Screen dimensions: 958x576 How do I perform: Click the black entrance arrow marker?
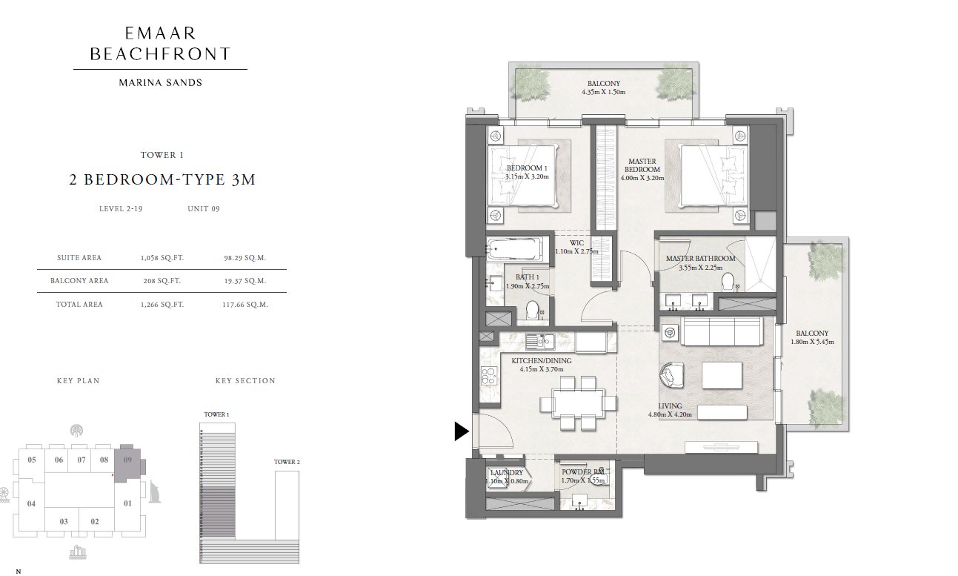461,431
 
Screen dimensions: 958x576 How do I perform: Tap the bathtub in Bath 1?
514,248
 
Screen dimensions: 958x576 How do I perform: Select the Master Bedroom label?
642,165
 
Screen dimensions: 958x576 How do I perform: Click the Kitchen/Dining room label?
542,361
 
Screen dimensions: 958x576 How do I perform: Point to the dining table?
578,403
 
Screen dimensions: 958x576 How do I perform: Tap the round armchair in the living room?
672,375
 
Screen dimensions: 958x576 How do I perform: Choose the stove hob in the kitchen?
488,376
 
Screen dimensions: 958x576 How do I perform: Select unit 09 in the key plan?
128,460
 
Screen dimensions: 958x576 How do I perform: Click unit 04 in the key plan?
31,503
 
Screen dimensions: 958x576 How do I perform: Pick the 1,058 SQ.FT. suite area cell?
162,258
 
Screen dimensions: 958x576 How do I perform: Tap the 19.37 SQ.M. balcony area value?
245,281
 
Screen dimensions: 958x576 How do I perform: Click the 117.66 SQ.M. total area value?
245,305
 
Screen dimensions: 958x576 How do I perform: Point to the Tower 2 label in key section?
287,462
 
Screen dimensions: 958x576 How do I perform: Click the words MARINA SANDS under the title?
160,82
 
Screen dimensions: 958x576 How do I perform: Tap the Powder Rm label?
582,471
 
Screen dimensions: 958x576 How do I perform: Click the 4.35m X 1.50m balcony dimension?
603,92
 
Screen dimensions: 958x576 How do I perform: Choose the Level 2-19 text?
121,209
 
